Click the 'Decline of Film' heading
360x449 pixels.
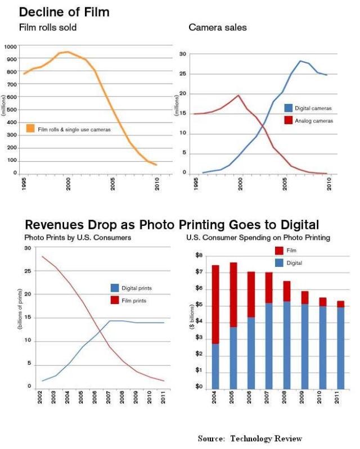click(x=64, y=11)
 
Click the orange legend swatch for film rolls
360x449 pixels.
click(x=30, y=129)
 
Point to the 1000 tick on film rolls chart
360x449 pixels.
click(x=10, y=47)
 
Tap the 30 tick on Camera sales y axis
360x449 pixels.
click(x=183, y=54)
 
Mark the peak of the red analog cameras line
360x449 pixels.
click(x=238, y=96)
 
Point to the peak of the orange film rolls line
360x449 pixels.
click(x=68, y=52)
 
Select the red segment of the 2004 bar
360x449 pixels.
click(x=215, y=304)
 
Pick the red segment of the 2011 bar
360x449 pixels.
click(x=340, y=304)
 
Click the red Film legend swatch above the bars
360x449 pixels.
click(x=279, y=251)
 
